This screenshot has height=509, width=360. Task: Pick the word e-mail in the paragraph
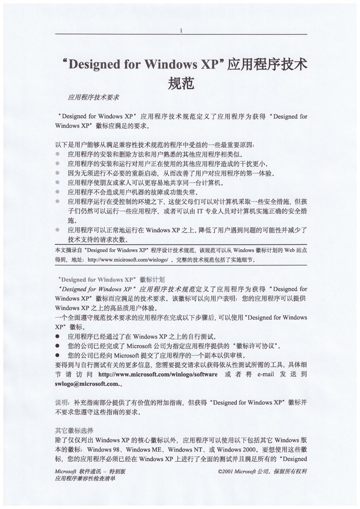(268, 373)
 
